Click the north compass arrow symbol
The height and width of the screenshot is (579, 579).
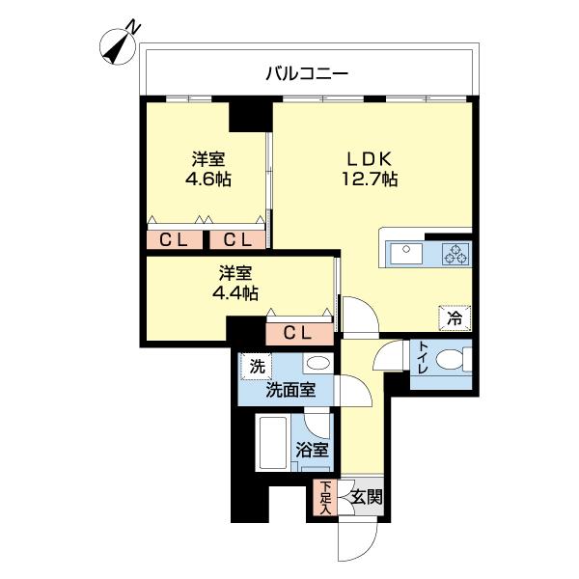[x=120, y=46]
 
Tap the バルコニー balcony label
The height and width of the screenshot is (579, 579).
[x=307, y=72]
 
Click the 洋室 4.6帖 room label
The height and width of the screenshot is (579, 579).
[x=207, y=169]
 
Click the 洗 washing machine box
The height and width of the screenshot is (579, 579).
[x=257, y=367]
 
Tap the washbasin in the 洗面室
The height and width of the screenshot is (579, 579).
[x=316, y=365]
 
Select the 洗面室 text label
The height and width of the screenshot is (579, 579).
[x=289, y=391]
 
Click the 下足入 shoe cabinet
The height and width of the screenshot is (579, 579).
[x=325, y=499]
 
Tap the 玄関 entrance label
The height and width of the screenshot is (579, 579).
[x=365, y=498]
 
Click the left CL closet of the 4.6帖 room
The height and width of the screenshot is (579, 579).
[x=174, y=239]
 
